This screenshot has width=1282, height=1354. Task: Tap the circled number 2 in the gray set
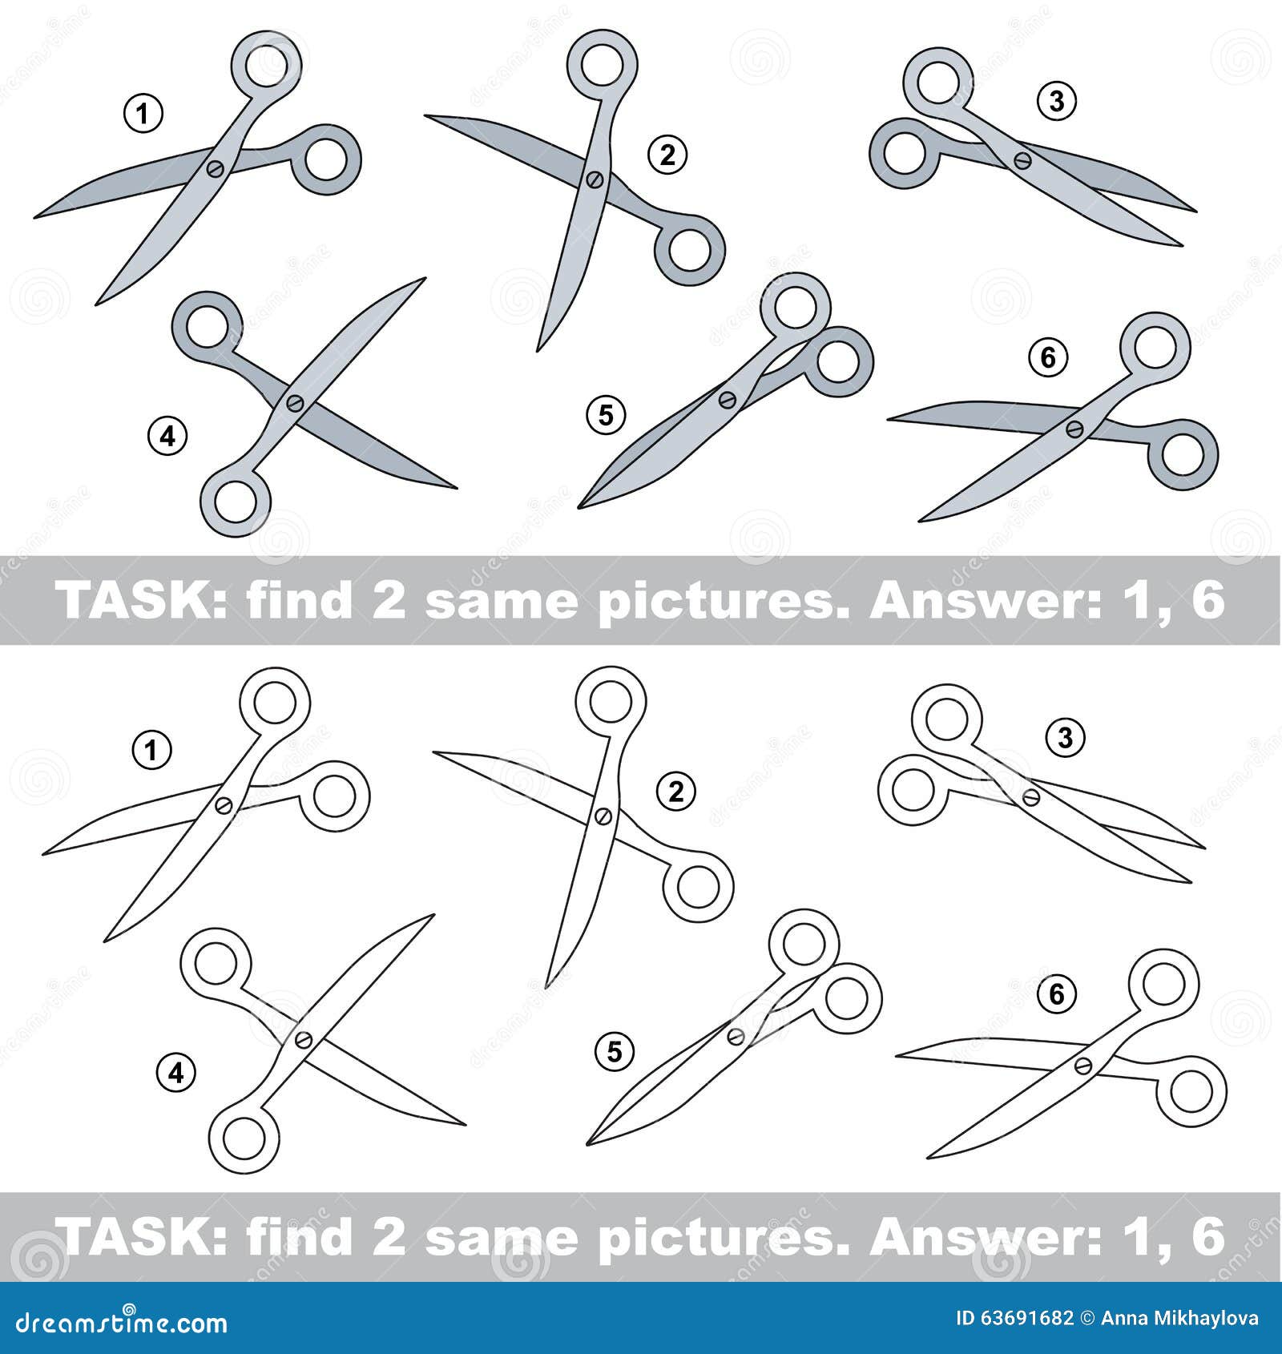pos(667,154)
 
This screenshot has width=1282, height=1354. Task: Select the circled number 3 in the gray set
pos(1057,102)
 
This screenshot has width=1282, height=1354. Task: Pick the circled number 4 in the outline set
pos(176,1073)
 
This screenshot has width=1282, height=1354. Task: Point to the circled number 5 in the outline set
pos(615,1051)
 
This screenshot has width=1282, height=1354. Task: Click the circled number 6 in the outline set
pos(1057,994)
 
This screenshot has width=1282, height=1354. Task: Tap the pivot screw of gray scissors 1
pos(215,168)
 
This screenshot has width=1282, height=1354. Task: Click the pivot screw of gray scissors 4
pos(294,402)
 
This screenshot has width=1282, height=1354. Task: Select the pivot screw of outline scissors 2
pos(603,816)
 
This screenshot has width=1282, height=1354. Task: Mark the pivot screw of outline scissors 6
pos(1083,1066)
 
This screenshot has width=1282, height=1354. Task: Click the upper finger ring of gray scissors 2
pos(602,66)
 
